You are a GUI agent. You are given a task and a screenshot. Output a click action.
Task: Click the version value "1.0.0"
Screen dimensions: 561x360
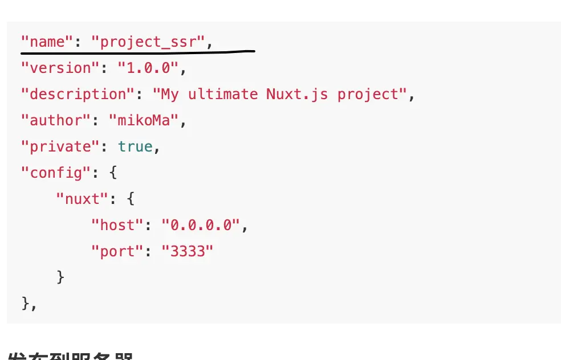(x=147, y=68)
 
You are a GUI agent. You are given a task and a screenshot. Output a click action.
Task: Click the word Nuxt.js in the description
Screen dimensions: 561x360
(x=297, y=94)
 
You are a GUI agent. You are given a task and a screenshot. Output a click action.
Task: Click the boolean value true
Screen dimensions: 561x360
(x=135, y=146)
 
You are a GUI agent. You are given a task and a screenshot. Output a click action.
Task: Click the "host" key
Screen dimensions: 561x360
(x=117, y=225)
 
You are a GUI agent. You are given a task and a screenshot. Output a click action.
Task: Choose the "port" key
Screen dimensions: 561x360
(x=117, y=251)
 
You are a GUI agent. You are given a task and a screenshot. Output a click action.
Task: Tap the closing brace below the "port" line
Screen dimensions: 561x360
(x=60, y=277)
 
